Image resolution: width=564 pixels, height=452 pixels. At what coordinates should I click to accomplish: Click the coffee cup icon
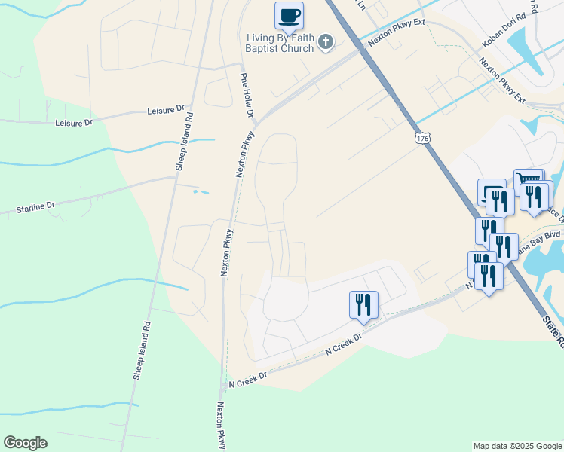pyautogui.click(x=289, y=15)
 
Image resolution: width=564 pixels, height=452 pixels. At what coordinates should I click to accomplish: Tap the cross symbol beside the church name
pyautogui.click(x=326, y=41)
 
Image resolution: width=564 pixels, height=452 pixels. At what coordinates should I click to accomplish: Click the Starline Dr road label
pyautogui.click(x=35, y=206)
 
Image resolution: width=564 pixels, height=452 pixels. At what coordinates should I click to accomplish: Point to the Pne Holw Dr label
pyautogui.click(x=246, y=95)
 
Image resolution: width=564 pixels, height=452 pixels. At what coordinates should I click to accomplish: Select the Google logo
pyautogui.click(x=25, y=443)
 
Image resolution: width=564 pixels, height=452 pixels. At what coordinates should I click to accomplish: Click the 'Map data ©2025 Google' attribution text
pyautogui.click(x=516, y=446)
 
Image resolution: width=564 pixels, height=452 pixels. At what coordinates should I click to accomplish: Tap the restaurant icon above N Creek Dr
pyautogui.click(x=363, y=304)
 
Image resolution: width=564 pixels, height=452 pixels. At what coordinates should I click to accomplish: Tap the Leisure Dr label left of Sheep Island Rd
pyautogui.click(x=73, y=122)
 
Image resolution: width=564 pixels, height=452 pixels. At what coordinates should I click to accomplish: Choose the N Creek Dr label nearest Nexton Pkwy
pyautogui.click(x=247, y=378)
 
